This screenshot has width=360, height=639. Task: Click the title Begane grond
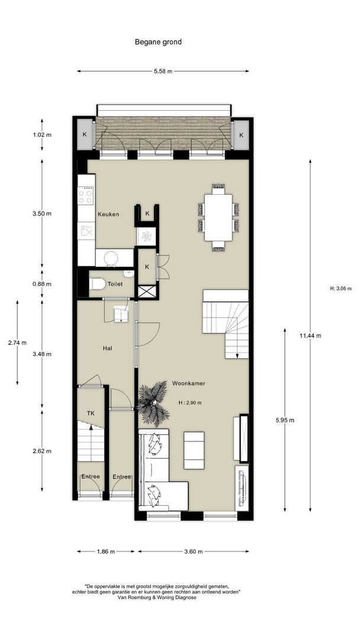[157, 42]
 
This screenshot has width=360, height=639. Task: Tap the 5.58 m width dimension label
[163, 72]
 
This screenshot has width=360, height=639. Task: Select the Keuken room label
[108, 214]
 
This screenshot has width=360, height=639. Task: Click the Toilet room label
[115, 285]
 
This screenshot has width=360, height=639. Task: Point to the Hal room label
[107, 348]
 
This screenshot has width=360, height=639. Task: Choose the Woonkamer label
[188, 383]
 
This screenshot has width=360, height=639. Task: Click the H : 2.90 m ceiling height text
[190, 403]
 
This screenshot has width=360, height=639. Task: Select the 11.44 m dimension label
[310, 335]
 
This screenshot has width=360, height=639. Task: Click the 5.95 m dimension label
[285, 421]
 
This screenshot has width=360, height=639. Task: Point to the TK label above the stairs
[91, 414]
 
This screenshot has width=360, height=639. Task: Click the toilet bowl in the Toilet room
[97, 285]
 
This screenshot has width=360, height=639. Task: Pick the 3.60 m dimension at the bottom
[193, 551]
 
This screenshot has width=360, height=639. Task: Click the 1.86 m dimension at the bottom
[106, 551]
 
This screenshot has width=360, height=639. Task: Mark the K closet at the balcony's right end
[242, 135]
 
